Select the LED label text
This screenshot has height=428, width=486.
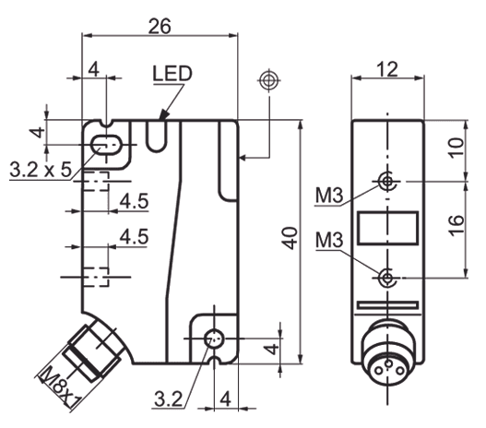click(172, 73)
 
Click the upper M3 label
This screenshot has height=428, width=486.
click(329, 196)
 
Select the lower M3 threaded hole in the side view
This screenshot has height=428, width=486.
click(388, 277)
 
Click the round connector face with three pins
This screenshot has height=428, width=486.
click(387, 350)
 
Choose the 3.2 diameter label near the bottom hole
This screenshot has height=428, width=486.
click(168, 399)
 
